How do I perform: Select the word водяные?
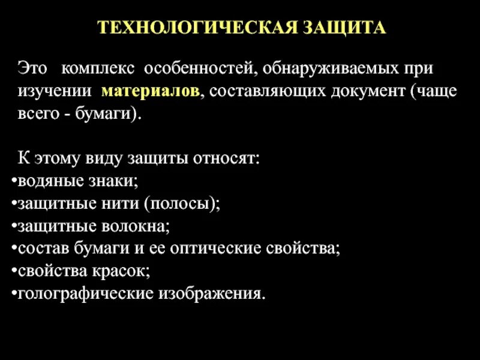[x=44, y=181]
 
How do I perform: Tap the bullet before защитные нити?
[x=14, y=204]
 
